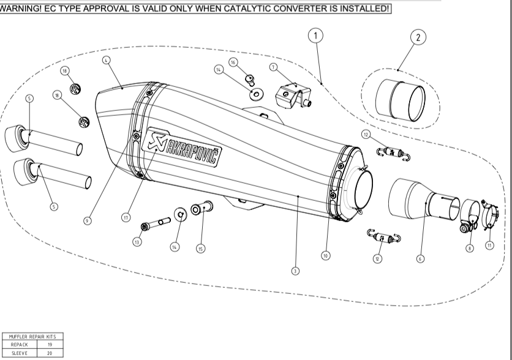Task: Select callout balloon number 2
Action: click(x=418, y=37)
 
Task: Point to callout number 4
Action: click(x=107, y=61)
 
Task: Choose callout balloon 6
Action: click(x=420, y=259)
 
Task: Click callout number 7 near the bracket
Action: click(x=274, y=67)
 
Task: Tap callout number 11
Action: click(x=489, y=246)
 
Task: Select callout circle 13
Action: click(x=137, y=242)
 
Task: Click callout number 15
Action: click(x=200, y=248)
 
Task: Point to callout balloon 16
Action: click(x=233, y=62)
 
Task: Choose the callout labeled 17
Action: click(x=126, y=216)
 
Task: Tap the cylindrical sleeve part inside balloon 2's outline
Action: click(x=399, y=97)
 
